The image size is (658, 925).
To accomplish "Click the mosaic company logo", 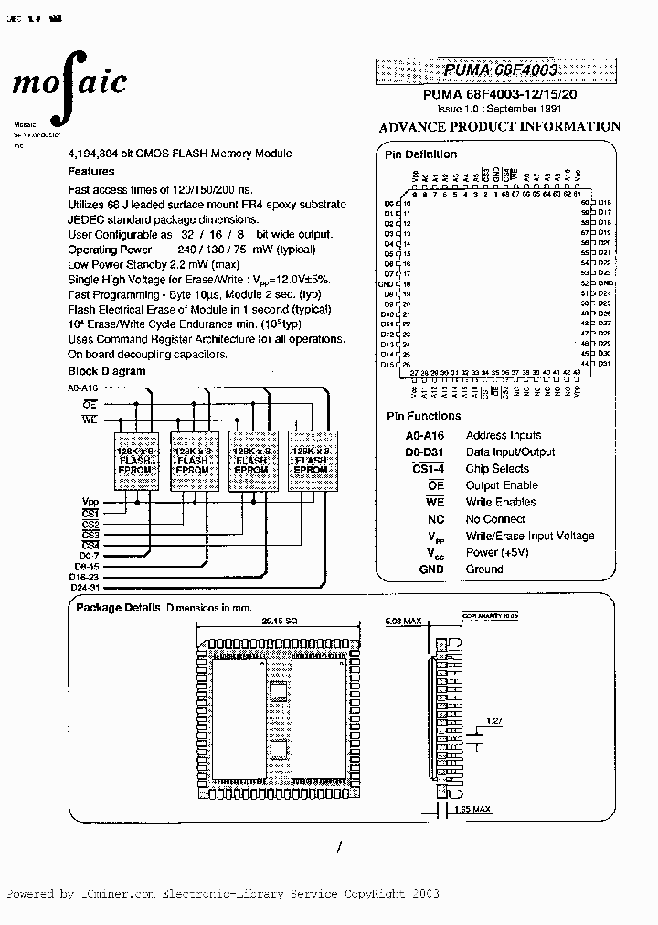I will (x=69, y=83).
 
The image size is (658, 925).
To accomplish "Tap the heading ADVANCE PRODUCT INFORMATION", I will (x=499, y=127).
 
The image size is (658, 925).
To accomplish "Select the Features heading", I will (x=91, y=171).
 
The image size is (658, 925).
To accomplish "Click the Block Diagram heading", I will (x=107, y=371).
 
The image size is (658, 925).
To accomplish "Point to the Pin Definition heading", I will (x=421, y=154).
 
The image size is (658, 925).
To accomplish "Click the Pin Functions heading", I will (x=423, y=416).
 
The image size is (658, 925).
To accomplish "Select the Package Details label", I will (x=118, y=608).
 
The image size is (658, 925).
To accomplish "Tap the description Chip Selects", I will (x=497, y=469).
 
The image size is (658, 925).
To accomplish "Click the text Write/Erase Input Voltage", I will (x=530, y=536).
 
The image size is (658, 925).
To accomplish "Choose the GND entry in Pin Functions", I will (x=430, y=569).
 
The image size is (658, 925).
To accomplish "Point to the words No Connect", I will (x=494, y=519).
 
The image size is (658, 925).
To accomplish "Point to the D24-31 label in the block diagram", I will (x=85, y=587).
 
